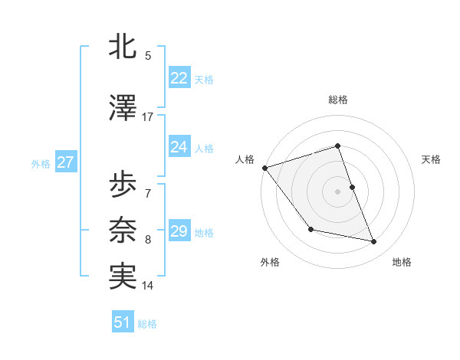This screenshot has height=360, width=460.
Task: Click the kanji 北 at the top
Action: tap(123, 47)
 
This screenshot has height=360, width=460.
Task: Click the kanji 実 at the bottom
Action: tap(123, 277)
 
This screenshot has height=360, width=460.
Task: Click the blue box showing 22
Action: tap(179, 78)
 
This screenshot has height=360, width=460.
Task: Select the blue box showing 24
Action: tap(179, 147)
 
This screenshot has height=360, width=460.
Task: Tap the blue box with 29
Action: tap(179, 231)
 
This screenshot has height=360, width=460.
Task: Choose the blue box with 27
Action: tap(65, 162)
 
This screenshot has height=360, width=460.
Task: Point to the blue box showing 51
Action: tap(123, 322)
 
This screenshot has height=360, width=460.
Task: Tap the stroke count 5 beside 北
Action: tap(147, 55)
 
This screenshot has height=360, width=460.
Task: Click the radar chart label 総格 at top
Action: tap(338, 100)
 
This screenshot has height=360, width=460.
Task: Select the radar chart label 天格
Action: tap(432, 159)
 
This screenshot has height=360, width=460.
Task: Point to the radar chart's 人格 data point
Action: tap(264, 168)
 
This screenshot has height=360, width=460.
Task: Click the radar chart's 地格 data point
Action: tap(374, 242)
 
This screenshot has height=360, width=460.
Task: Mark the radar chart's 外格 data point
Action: tap(310, 229)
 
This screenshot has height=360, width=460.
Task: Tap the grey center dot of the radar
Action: tap(338, 191)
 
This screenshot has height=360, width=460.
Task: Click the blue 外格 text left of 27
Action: tap(41, 163)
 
